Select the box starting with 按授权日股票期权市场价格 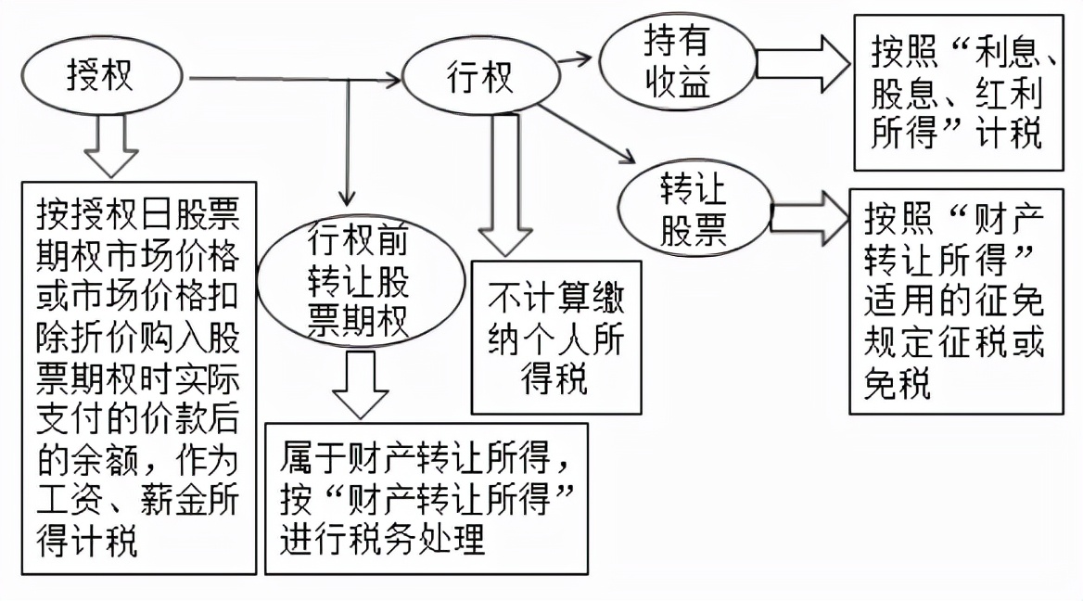coord(138,377)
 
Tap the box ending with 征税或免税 coord(956,301)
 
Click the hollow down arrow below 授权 coord(109,148)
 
